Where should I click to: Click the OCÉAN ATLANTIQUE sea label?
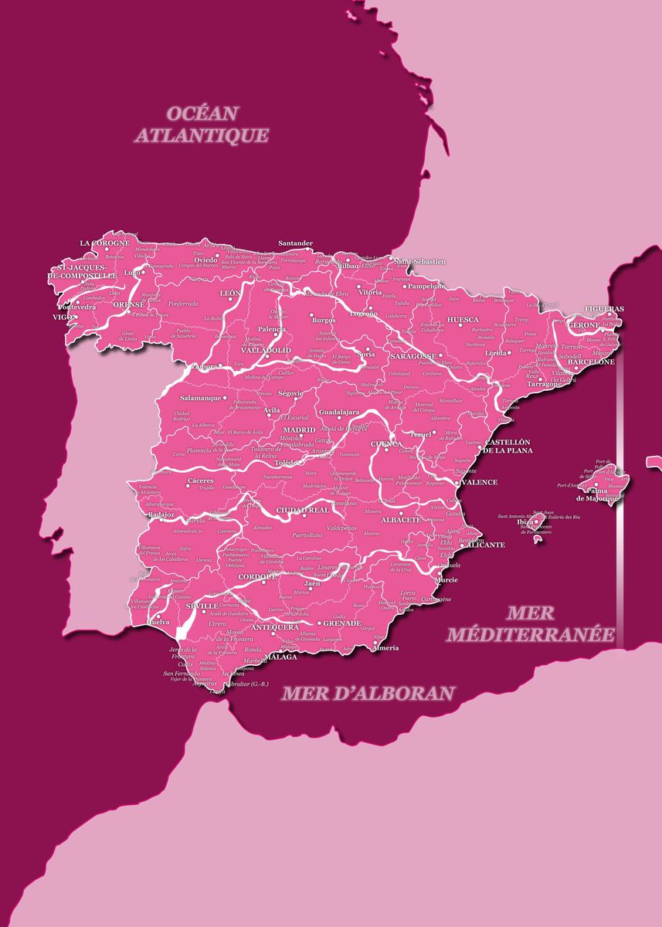(202, 124)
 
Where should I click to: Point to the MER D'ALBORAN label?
(367, 693)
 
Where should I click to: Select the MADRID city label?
(299, 430)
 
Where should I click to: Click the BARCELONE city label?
(591, 362)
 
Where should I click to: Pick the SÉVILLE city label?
(202, 606)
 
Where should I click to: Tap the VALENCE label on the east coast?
(480, 482)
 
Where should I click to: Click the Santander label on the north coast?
(295, 243)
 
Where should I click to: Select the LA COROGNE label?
(105, 243)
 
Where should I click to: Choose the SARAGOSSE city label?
(412, 356)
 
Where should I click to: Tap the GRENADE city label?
(341, 623)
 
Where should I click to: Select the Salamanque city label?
(200, 398)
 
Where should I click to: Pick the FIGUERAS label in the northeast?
(604, 309)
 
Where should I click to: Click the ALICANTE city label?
(486, 545)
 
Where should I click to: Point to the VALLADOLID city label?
(266, 350)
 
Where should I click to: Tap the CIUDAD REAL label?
(303, 511)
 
